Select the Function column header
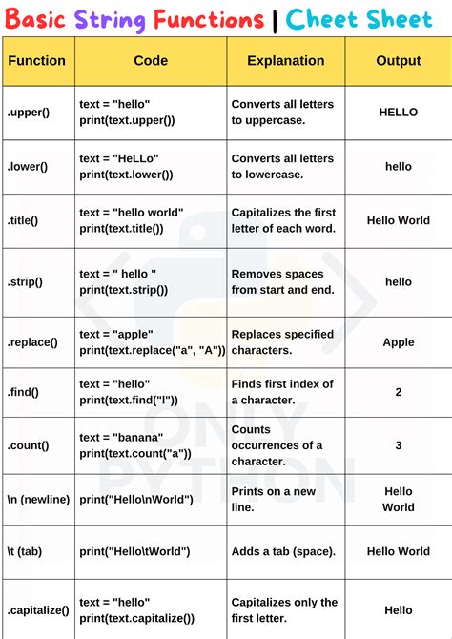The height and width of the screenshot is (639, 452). tap(36, 61)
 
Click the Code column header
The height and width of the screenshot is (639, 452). tap(150, 61)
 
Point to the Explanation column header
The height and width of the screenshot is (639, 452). tap(285, 61)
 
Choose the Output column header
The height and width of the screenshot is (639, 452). tap(398, 61)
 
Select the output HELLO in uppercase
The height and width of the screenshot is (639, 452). tap(398, 113)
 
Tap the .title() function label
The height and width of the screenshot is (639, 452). tap(23, 220)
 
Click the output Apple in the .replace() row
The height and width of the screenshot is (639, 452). tap(398, 341)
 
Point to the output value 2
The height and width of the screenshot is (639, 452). tap(398, 392)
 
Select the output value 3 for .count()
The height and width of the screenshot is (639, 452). tap(398, 445)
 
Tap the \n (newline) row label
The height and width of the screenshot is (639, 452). tap(38, 499)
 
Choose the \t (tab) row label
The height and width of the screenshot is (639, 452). tap(27, 551)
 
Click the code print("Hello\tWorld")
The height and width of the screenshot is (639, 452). tap(134, 551)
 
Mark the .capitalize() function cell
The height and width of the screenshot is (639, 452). tap(35, 610)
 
